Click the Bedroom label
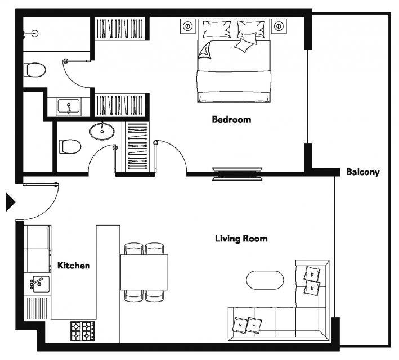click(x=231, y=119)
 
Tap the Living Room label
click(x=241, y=238)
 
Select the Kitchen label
click(x=74, y=265)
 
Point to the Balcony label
click(x=363, y=172)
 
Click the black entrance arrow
click(x=10, y=202)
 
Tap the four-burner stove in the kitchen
click(x=82, y=331)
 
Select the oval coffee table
click(x=265, y=280)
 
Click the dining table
click(x=144, y=272)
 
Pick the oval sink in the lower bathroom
click(x=102, y=131)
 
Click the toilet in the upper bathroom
click(x=35, y=70)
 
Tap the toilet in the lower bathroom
click(x=70, y=147)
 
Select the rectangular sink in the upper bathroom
click(x=69, y=106)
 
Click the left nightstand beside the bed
click(x=188, y=26)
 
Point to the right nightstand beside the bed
click(x=279, y=26)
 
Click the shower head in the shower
click(x=34, y=33)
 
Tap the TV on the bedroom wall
click(x=237, y=174)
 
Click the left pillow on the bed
click(x=217, y=29)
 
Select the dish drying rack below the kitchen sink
click(x=37, y=308)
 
